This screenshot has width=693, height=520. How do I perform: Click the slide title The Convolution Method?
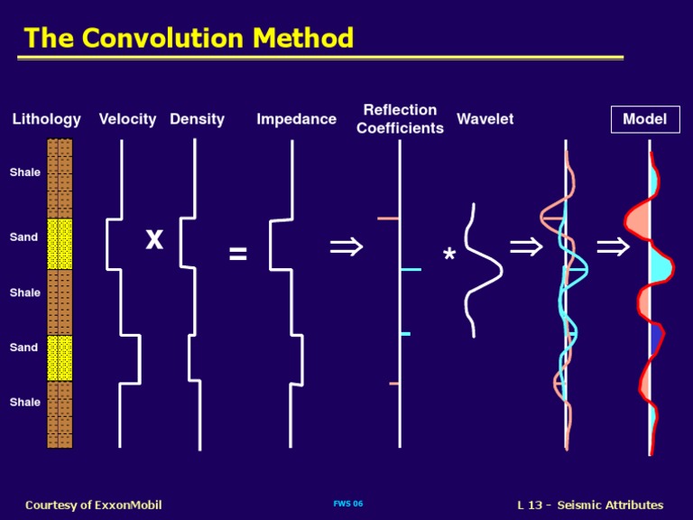click(189, 38)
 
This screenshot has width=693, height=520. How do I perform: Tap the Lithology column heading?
click(46, 119)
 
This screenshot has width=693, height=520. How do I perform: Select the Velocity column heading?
click(127, 119)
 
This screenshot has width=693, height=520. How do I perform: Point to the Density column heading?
click(197, 119)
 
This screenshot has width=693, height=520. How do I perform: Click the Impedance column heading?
click(296, 119)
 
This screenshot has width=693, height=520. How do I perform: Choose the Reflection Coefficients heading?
click(400, 119)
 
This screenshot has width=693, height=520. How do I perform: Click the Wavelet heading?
click(485, 119)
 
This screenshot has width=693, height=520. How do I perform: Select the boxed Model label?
click(644, 119)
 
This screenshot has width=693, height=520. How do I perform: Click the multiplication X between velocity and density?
click(154, 239)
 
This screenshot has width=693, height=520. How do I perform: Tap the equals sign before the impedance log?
click(237, 255)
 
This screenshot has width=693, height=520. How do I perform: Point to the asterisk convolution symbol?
click(449, 257)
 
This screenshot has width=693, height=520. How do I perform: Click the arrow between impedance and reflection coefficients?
click(346, 246)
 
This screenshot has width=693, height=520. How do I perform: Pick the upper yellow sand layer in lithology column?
click(60, 244)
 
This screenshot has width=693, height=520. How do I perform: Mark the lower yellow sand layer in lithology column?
click(60, 357)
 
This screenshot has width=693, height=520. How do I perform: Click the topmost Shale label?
click(25, 172)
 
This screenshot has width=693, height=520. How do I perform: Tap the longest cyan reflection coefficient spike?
click(410, 270)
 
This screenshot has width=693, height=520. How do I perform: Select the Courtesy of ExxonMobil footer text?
click(94, 505)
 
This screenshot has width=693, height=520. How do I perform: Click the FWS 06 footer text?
click(347, 504)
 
